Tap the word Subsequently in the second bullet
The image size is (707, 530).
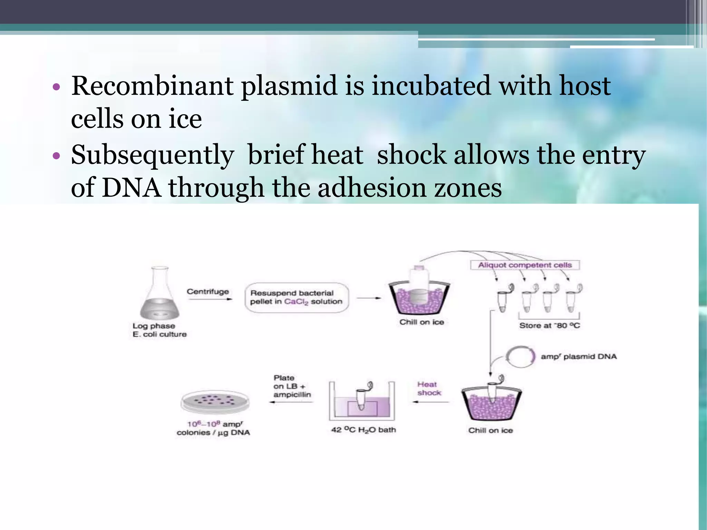pos(152,155)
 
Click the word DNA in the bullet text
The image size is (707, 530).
pos(131,188)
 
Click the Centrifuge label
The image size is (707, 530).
pos(208,292)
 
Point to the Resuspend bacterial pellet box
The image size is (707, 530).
pos(297,297)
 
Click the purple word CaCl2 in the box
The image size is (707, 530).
pos(296,302)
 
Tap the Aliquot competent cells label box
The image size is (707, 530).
pos(525,265)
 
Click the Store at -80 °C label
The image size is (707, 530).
pos(550,325)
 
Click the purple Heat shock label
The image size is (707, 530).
pos(428,389)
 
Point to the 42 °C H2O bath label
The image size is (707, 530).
pos(364,430)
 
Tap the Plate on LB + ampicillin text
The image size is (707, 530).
pos(292,386)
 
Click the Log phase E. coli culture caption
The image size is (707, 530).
pos(159,330)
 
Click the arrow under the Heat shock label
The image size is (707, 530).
pos(431,402)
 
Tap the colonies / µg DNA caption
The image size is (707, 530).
pos(213,433)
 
